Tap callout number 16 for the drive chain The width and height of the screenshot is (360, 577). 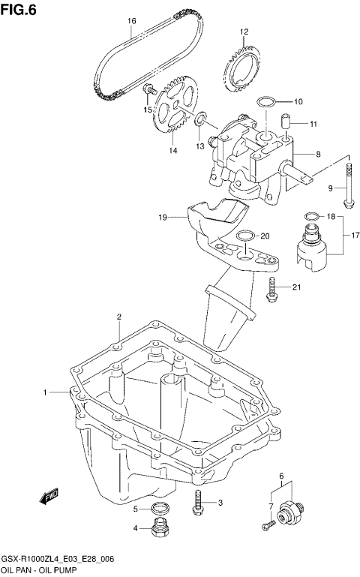[132, 21]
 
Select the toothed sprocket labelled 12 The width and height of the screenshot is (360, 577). [240, 72]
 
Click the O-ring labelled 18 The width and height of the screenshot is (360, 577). [309, 218]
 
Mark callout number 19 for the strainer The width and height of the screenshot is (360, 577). [162, 218]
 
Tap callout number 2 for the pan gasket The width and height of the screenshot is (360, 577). [118, 317]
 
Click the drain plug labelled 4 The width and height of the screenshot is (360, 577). [157, 529]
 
